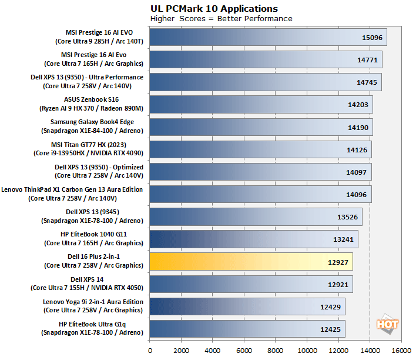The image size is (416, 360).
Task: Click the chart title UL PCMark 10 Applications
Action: click(x=214, y=8)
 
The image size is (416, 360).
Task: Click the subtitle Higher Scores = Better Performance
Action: click(x=221, y=18)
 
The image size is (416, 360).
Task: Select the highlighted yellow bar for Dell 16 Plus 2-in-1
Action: click(x=251, y=261)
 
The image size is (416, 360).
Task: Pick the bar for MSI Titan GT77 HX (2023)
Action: click(x=260, y=149)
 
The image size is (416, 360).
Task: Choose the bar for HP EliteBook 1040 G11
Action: click(x=253, y=239)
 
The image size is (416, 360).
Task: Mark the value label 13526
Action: click(x=347, y=216)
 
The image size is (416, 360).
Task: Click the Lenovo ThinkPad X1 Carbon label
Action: click(x=73, y=194)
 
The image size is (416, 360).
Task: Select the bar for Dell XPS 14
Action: click(x=251, y=284)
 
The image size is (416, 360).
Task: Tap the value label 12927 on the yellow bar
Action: click(x=338, y=261)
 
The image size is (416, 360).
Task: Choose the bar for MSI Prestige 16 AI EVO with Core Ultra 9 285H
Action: click(x=268, y=38)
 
